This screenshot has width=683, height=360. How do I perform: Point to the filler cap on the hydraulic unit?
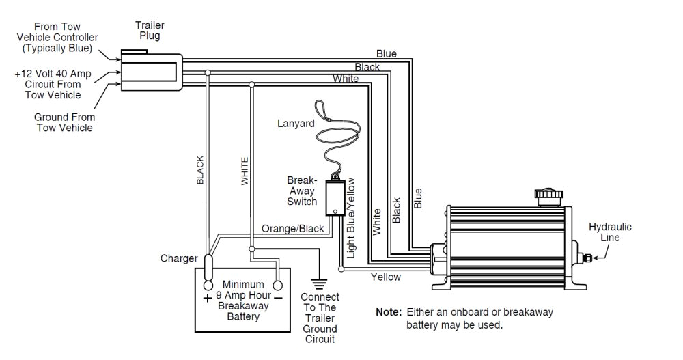tap(550, 197)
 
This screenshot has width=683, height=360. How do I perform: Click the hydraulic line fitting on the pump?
tap(585, 258)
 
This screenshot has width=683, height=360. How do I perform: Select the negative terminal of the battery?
tap(278, 286)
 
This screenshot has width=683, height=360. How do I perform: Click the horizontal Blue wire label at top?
tap(386, 54)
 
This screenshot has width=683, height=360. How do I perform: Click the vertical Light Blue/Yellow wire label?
tap(351, 217)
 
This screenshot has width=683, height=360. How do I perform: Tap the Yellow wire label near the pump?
tap(386, 277)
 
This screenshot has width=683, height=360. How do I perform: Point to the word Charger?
tap(179, 258)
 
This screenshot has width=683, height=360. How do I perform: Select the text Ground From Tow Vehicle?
tap(64, 122)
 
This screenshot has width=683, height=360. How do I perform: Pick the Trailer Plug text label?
tap(150, 31)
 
